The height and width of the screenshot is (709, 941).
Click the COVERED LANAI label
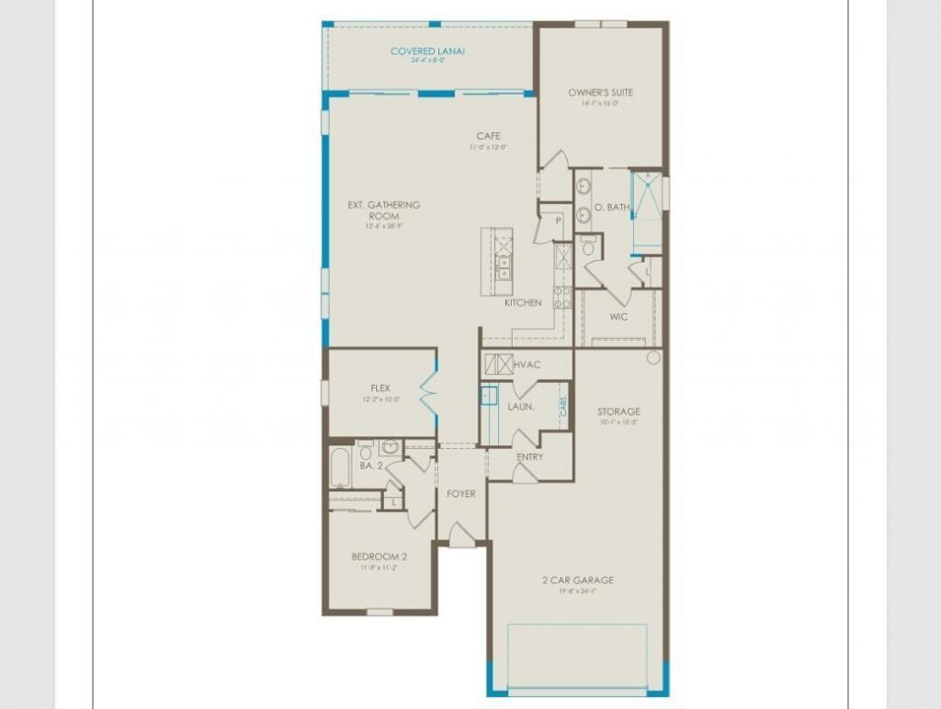(427, 51)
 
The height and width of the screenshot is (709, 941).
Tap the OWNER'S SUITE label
(600, 93)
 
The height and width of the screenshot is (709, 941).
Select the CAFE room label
(488, 137)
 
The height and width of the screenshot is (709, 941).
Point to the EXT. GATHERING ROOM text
(384, 210)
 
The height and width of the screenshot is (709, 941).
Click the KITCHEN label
(523, 303)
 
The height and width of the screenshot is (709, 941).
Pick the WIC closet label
(618, 317)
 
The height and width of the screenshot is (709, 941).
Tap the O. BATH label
(612, 208)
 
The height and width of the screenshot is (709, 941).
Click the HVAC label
(527, 366)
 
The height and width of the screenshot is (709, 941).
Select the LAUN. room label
(521, 406)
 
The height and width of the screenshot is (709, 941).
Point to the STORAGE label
(618, 411)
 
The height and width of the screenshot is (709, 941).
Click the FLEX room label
(381, 388)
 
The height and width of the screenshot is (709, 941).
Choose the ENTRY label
(529, 456)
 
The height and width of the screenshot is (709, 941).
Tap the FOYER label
(461, 494)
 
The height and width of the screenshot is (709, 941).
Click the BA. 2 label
(371, 467)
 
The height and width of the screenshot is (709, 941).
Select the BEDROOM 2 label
(379, 557)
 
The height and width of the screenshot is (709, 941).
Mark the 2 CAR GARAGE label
(578, 580)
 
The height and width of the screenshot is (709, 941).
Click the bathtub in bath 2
(338, 468)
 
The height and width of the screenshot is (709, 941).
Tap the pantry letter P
(557, 221)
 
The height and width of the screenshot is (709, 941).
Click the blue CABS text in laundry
(563, 403)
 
